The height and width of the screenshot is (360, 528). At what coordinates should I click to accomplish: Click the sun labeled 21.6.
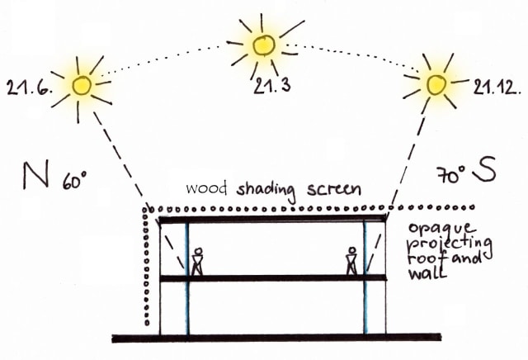pos(82,83)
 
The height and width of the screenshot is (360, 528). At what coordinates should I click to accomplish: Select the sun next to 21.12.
pos(436,83)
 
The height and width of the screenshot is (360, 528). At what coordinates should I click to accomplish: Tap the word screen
pos(334,189)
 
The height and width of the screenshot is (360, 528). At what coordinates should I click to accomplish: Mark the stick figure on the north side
pos(197,262)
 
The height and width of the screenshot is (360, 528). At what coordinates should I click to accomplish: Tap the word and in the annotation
pos(469,258)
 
